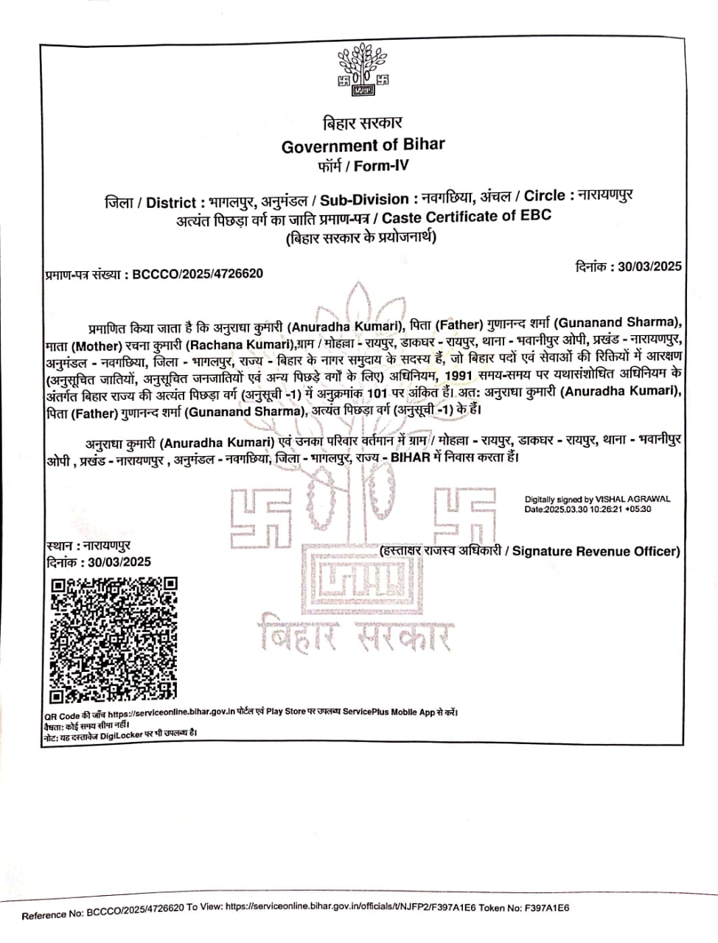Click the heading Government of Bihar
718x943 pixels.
tap(363, 145)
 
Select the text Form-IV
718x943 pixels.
tap(380, 166)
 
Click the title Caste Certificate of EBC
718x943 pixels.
tap(467, 217)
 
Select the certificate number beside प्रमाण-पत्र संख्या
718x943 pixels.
tap(197, 274)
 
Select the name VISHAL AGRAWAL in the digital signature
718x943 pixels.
tap(633, 499)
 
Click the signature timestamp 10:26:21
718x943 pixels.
tap(604, 509)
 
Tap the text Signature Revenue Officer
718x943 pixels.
tap(595, 551)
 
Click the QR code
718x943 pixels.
tap(114, 639)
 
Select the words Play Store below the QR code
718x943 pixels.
tap(285, 712)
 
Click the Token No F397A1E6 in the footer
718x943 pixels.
tap(546, 908)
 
